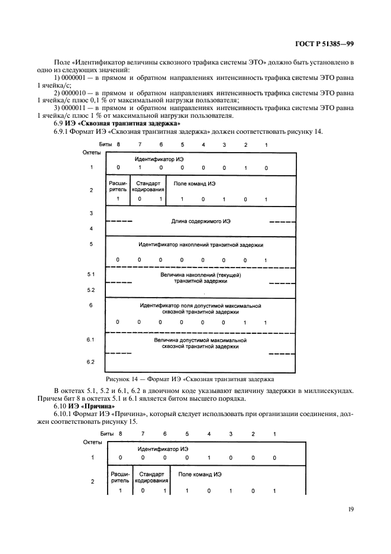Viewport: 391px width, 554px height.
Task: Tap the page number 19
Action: pos(350,507)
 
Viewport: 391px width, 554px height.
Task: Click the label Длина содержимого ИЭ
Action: pos(200,221)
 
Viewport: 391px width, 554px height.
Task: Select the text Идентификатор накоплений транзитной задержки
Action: pos(201,244)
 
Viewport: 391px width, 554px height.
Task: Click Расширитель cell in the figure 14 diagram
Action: pos(118,186)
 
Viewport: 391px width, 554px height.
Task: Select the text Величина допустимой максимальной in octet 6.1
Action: pos(200,340)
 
